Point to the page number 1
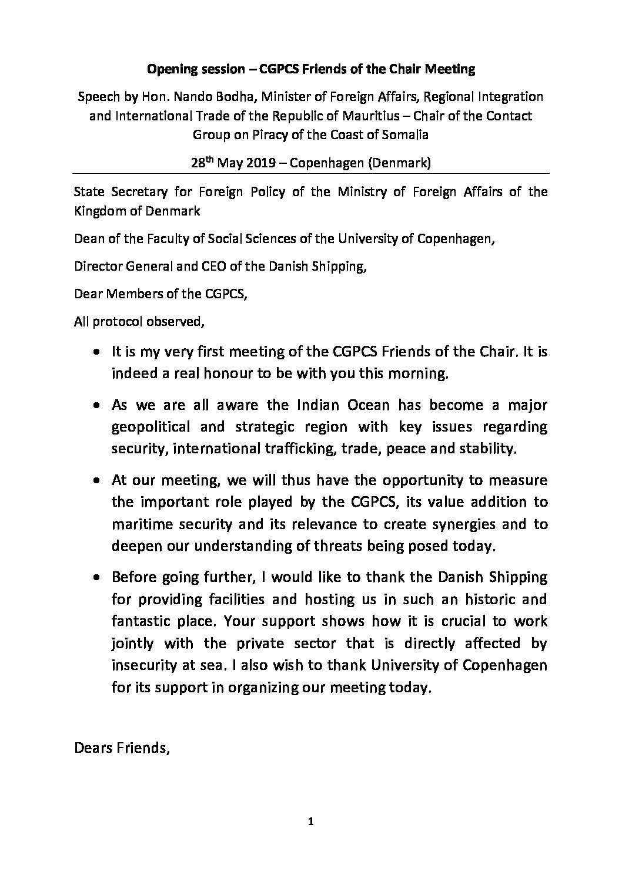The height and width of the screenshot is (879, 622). (311, 838)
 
